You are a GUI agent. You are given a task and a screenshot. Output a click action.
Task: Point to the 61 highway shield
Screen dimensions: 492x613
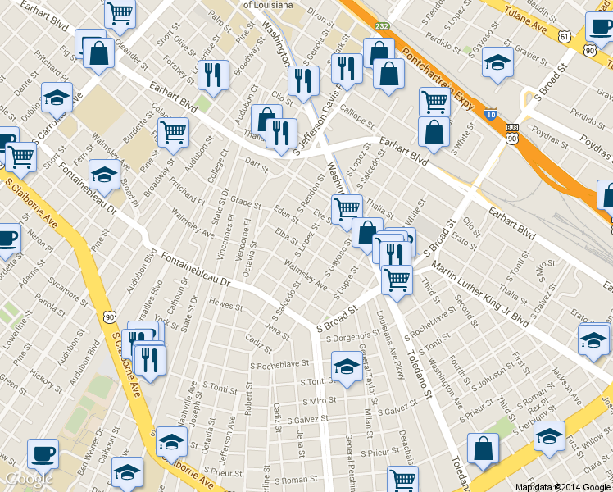565,36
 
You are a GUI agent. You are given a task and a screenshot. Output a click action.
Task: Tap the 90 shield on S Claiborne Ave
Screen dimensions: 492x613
110,316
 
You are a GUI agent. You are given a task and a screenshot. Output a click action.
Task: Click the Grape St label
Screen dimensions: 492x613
244,200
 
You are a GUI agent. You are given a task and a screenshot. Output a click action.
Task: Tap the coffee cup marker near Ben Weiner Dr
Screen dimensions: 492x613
43,453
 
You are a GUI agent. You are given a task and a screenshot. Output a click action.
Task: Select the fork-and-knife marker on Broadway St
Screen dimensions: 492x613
213,75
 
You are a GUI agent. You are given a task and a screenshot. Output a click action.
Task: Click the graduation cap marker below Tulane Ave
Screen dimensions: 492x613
497,62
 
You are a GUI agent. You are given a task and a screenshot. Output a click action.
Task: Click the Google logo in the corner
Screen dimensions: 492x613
30,478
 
